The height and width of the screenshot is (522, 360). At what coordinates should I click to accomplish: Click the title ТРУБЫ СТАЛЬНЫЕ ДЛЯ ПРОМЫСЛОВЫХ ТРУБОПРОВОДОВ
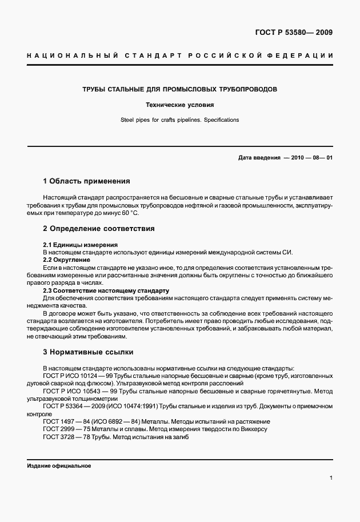[180, 90]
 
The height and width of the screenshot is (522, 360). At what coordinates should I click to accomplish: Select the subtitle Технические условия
[180, 106]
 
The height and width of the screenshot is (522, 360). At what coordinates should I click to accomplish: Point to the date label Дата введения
[259, 157]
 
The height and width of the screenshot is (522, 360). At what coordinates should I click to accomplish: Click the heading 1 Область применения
[86, 181]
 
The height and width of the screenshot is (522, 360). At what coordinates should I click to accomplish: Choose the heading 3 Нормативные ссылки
[88, 352]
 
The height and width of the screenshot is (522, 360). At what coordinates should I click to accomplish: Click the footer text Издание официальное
[59, 465]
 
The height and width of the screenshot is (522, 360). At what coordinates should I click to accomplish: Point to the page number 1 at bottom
[331, 478]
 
